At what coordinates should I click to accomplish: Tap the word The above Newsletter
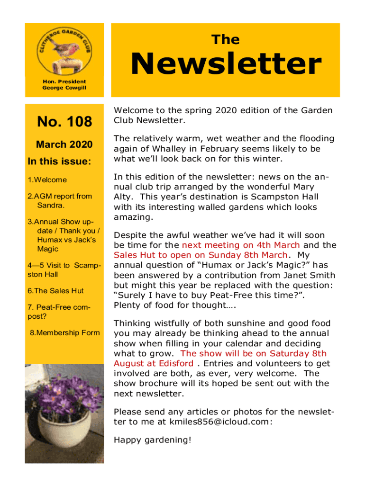pos(226,40)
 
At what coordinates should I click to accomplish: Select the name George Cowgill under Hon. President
pos(64,88)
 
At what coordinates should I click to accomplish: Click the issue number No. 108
pos(64,122)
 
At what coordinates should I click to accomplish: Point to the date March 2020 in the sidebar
pos(64,144)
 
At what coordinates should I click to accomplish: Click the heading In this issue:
pos(59,161)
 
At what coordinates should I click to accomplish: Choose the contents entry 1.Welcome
pos(47,180)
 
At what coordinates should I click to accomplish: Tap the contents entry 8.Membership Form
pos(64,332)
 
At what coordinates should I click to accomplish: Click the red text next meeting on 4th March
pos(241,245)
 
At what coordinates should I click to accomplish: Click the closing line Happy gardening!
pos(153,440)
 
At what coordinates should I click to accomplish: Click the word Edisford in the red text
pos(177,363)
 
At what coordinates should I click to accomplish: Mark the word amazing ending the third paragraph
pos(133,217)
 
